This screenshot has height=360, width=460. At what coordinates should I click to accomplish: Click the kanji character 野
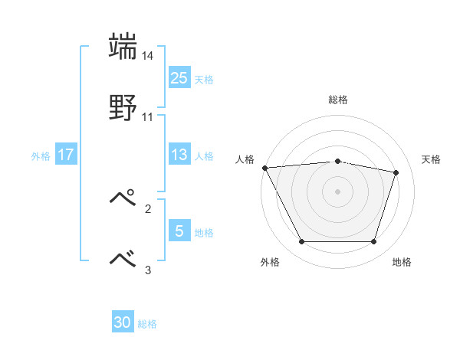click(x=123, y=108)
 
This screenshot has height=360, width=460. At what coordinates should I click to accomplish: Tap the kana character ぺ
click(x=123, y=198)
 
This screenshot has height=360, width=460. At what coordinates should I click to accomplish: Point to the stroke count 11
click(x=148, y=116)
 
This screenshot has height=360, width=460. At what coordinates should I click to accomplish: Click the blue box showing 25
click(x=179, y=77)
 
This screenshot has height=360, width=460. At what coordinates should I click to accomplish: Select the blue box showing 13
click(x=179, y=155)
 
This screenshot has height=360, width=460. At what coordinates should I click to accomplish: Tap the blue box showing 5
click(x=179, y=231)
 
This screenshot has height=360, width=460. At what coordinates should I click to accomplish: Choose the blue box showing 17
click(x=66, y=155)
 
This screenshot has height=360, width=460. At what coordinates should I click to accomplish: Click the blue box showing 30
click(x=123, y=322)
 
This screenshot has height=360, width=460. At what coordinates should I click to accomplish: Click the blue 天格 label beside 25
click(x=204, y=79)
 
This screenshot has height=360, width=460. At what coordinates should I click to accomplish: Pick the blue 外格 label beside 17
click(x=41, y=155)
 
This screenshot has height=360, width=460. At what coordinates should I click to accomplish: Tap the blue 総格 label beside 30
click(x=147, y=324)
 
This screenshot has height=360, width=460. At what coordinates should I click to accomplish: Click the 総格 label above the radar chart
click(x=337, y=100)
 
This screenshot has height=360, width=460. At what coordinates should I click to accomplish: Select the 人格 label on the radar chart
click(x=245, y=159)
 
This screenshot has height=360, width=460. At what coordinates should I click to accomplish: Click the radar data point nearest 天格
click(x=396, y=172)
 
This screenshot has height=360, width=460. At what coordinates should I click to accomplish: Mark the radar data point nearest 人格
click(x=264, y=168)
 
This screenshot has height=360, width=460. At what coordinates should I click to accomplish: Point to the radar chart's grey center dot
click(x=337, y=191)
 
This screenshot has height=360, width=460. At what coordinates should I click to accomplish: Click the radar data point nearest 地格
click(x=373, y=242)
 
